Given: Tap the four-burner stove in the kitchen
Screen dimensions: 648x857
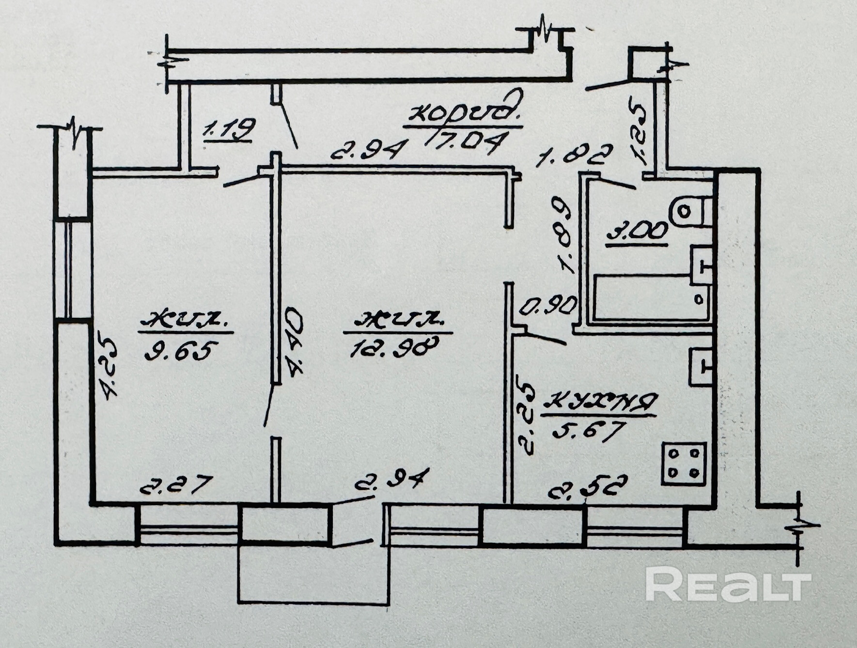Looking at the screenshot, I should point(684,463).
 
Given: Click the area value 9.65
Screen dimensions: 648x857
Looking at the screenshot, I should point(178,350).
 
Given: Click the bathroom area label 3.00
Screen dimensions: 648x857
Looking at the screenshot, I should point(637,232).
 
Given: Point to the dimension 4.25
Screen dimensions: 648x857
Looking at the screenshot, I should point(107,364).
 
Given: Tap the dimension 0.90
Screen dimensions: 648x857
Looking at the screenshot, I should point(548,306).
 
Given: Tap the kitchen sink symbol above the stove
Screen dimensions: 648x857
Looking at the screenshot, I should point(701,366).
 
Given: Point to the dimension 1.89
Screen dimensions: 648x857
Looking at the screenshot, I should point(565,235).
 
